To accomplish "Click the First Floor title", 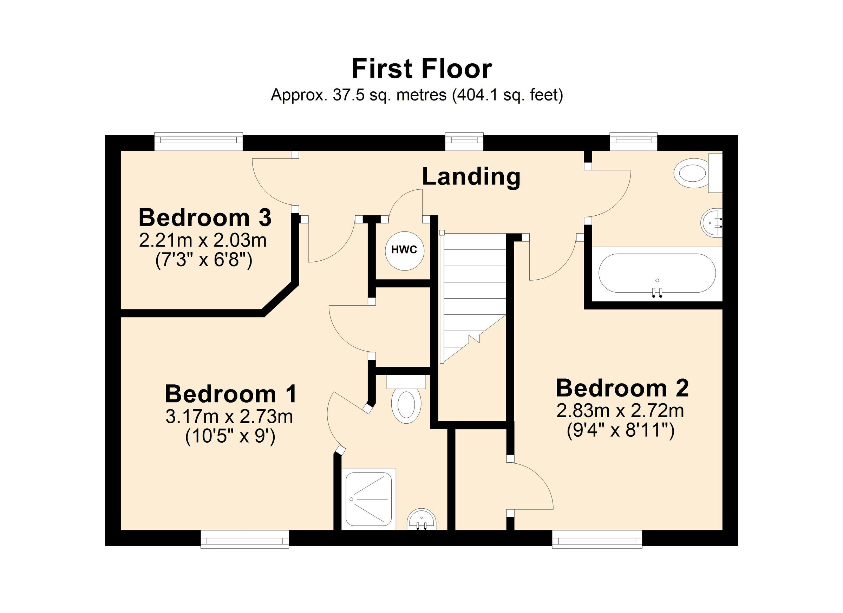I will tap(421, 69).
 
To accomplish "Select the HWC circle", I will tap(404, 250).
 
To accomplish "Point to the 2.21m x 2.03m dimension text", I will tap(203, 241).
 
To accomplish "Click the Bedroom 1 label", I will tap(231, 394).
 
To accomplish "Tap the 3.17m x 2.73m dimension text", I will tap(229, 417).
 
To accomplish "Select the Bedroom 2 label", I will tap(622, 388).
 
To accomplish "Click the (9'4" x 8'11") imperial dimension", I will tap(620, 431).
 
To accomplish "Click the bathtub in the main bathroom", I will tap(657, 273).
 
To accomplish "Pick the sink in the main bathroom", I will tap(711, 223).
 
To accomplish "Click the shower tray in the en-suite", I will tap(368, 498).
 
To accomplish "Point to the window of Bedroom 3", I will tap(198, 141).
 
